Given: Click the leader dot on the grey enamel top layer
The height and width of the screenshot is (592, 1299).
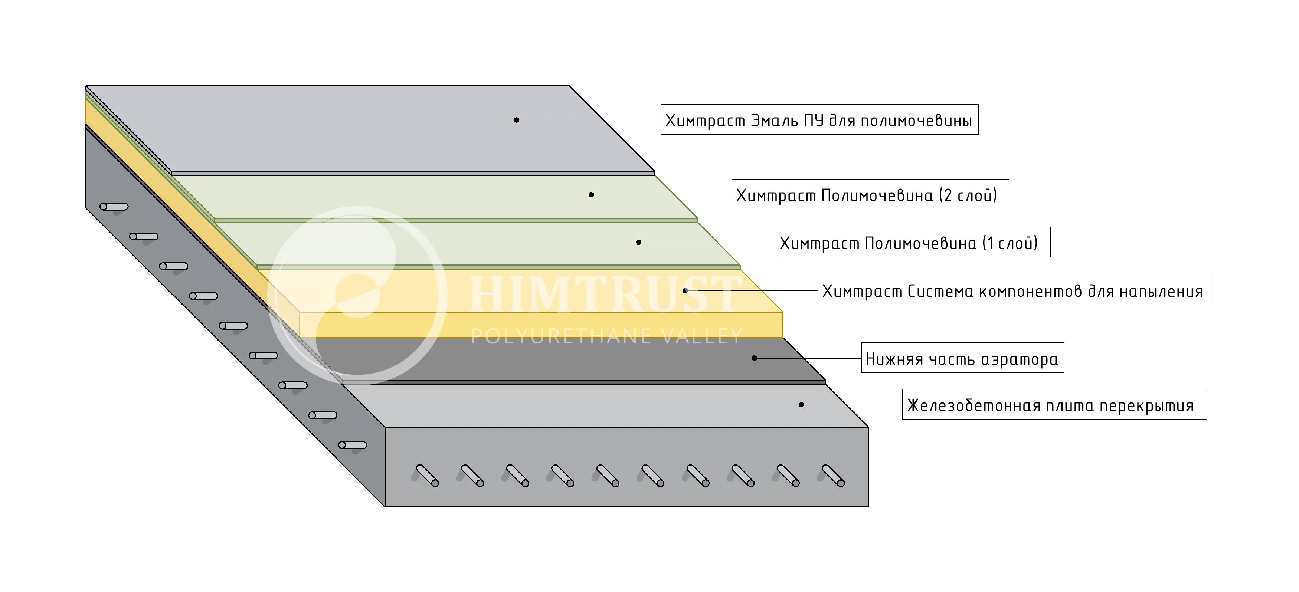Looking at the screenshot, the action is (516, 120).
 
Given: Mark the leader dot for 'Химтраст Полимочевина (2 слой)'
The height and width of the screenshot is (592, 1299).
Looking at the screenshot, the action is (592, 194).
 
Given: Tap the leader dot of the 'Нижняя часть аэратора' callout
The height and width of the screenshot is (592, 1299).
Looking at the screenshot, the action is (755, 358).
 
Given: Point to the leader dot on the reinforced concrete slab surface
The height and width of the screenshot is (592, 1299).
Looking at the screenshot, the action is (801, 405).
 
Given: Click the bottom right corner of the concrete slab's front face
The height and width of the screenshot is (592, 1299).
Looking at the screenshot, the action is (868, 506).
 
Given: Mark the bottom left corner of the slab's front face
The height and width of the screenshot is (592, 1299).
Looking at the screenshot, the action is (385, 506).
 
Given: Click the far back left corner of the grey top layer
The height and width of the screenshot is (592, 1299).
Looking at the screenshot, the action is (86, 86).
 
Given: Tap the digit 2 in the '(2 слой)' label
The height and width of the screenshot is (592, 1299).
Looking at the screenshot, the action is (948, 195).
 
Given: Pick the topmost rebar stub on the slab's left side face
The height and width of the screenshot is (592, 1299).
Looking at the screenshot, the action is (114, 207).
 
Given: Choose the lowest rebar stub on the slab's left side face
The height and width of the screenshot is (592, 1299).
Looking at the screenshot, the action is (353, 445).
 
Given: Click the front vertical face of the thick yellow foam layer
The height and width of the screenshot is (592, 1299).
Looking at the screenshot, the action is (541, 325).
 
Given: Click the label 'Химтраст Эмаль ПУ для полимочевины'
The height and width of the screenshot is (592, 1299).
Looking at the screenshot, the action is (819, 120).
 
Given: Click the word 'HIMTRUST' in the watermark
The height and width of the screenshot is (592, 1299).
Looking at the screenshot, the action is (605, 294).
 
